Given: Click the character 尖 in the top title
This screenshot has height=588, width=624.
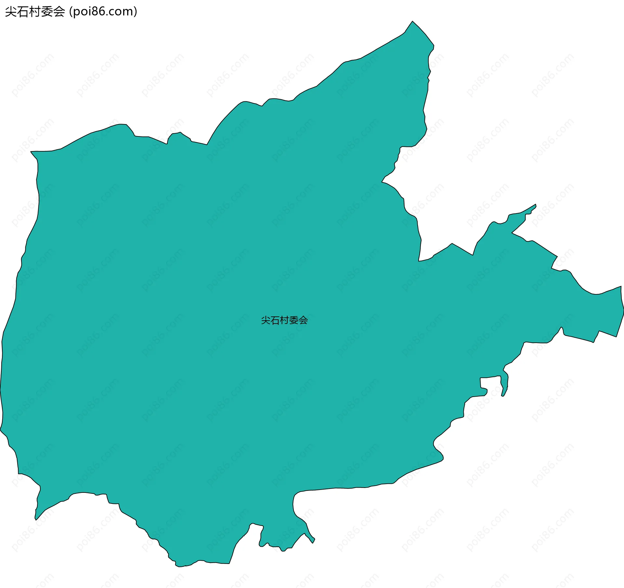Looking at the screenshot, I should pyautogui.click(x=11, y=12).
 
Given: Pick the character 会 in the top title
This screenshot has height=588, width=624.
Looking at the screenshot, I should pyautogui.click(x=59, y=12).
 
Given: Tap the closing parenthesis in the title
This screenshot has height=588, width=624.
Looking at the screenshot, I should pyautogui.click(x=135, y=12).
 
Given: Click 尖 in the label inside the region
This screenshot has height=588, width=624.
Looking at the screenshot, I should pyautogui.click(x=266, y=320).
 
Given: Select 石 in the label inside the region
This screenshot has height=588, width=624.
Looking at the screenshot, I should pyautogui.click(x=275, y=320).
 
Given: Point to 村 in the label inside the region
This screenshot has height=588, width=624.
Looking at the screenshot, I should pyautogui.click(x=285, y=320).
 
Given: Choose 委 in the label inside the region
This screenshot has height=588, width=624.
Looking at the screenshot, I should pyautogui.click(x=294, y=320).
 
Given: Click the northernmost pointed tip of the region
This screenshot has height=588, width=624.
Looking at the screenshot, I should pyautogui.click(x=413, y=21).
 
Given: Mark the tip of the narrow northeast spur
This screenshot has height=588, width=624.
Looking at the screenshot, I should pyautogui.click(x=535, y=205).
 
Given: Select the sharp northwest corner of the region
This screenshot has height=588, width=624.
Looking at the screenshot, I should pyautogui.click(x=31, y=152).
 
